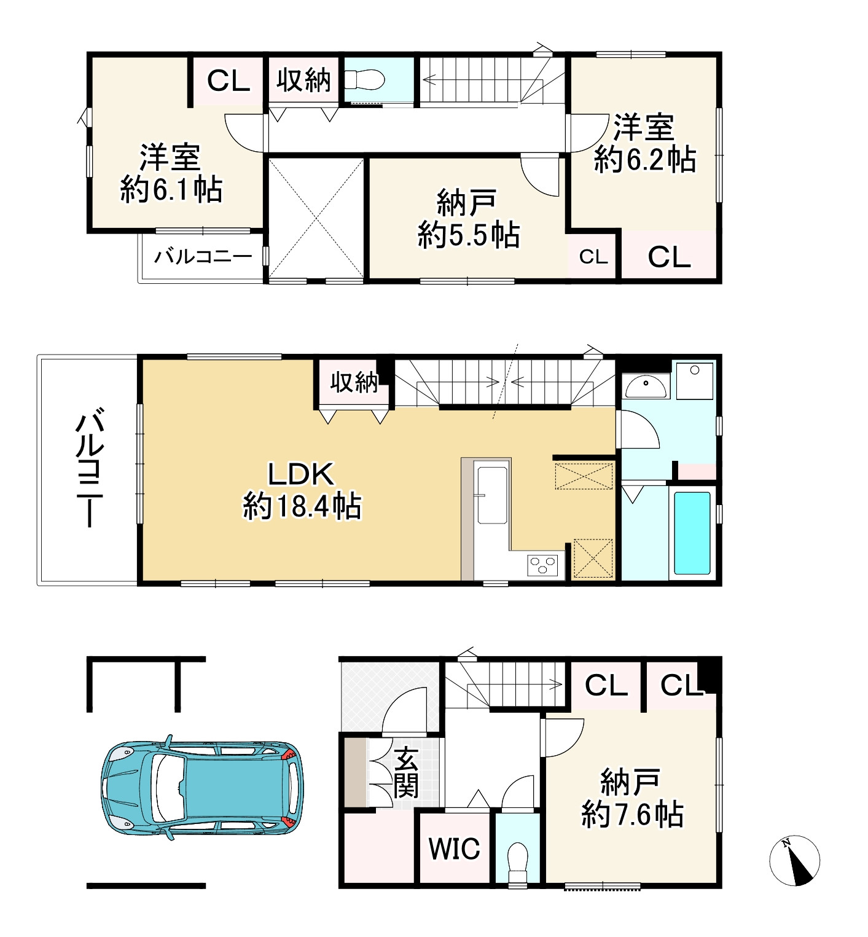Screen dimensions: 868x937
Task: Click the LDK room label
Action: tap(301, 491)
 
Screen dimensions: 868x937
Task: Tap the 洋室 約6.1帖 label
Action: tap(171, 173)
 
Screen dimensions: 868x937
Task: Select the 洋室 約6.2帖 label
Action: tap(644, 143)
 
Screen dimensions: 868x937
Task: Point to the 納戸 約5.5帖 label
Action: tap(468, 219)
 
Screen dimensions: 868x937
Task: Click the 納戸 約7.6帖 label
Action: tap(631, 798)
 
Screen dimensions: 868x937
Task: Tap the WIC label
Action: tap(455, 849)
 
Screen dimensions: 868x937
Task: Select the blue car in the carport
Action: tap(201, 786)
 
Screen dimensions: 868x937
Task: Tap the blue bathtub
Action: tap(692, 533)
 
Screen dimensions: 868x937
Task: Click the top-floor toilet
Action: tap(364, 79)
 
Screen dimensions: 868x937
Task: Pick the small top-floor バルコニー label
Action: tap(203, 256)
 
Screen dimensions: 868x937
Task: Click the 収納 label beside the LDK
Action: tap(354, 382)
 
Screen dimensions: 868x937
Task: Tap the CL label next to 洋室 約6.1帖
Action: tap(229, 81)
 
